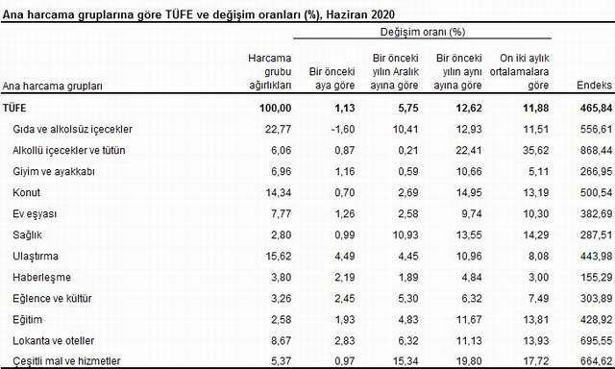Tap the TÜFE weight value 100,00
point(270,107)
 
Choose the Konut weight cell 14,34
point(272,192)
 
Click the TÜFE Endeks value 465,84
point(590,107)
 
